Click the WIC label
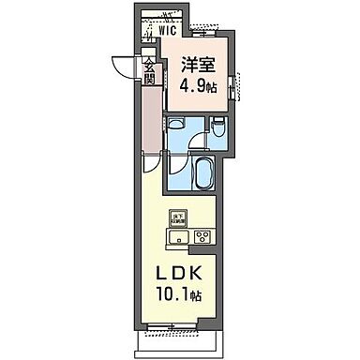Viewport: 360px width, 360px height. (169, 29)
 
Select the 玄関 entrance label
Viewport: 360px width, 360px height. (149, 71)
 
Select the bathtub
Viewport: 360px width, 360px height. (205, 172)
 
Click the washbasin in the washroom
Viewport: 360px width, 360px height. (176, 129)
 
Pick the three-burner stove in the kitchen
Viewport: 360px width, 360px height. (203, 235)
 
